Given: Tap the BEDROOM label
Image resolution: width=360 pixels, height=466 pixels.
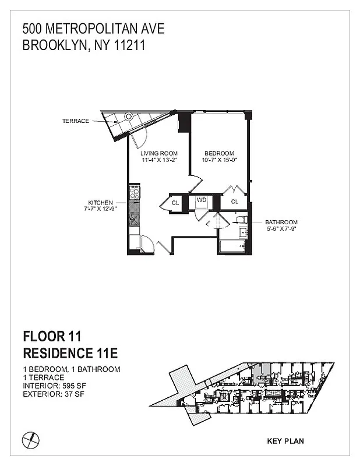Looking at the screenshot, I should point(219,153).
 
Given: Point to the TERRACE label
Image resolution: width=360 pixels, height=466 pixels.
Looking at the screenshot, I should point(75,121).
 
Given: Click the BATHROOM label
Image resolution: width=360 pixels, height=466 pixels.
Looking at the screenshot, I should point(281,222).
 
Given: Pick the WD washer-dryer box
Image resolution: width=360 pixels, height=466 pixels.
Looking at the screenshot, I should point(202,200).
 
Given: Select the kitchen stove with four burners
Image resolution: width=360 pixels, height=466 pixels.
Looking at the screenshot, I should point(133,192).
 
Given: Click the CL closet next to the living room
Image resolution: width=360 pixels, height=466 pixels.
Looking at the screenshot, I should point(175,203).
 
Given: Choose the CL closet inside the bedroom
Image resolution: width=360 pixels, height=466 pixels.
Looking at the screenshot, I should point(235,202).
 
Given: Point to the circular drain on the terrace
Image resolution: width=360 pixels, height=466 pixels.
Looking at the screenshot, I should point(129,116).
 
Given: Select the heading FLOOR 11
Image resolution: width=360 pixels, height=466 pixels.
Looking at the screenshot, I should point(51,336).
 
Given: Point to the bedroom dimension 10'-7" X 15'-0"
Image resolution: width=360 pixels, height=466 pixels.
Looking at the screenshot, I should point(219,160).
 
